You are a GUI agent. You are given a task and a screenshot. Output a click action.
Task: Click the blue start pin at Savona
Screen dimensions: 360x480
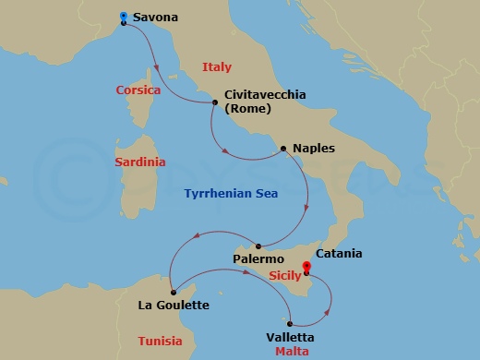click(124, 16)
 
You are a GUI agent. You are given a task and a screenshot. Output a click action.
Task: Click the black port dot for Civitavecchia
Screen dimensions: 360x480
click(215, 102)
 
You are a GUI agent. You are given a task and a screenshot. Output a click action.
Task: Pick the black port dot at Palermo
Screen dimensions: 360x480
click(259, 246)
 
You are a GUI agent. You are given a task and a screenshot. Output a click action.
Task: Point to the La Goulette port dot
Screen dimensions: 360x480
click(174, 293)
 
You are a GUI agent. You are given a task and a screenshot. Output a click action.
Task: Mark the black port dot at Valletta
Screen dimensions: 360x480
click(290, 324)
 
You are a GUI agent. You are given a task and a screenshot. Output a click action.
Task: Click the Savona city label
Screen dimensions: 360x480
click(155, 17)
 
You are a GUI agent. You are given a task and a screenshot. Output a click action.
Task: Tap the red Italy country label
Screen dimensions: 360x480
click(216, 66)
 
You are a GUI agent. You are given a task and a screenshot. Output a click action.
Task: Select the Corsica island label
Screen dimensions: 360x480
click(138, 90)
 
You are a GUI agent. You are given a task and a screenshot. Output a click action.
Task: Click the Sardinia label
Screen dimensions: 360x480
click(140, 162)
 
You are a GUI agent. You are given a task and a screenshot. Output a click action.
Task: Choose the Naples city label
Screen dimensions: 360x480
click(314, 148)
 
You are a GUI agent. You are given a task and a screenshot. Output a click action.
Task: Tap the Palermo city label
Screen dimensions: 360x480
click(258, 260)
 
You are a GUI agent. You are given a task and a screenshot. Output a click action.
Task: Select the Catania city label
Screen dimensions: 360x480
click(339, 253)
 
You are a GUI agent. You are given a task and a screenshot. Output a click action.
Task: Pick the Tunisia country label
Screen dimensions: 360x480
click(160, 341)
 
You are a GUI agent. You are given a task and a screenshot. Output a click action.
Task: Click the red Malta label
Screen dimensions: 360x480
click(292, 353)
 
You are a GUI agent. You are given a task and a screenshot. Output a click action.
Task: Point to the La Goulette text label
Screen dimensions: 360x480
click(174, 306)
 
